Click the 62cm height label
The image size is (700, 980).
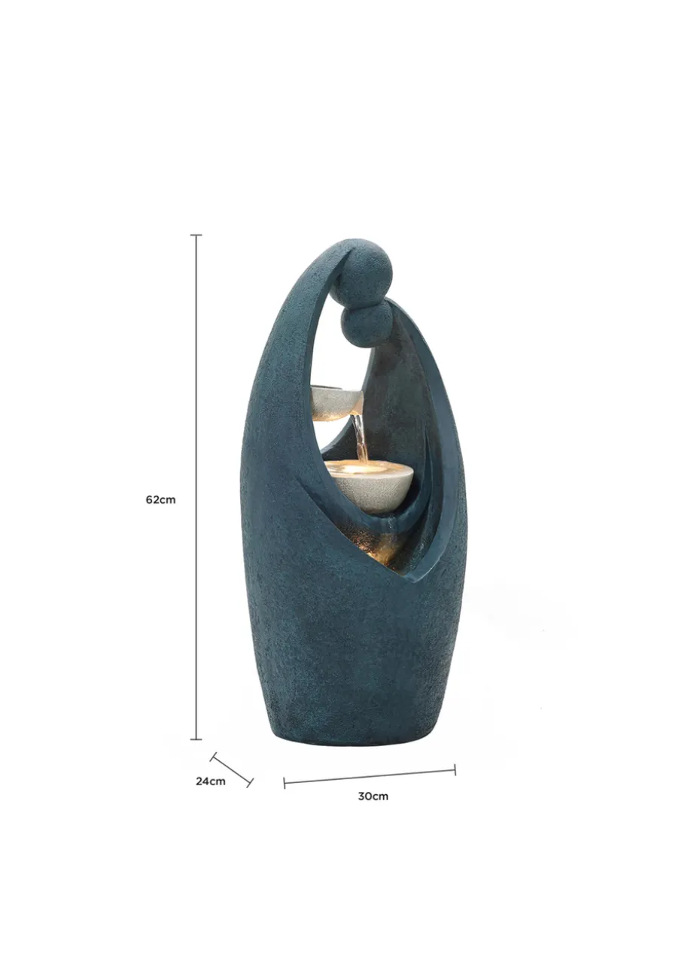160,499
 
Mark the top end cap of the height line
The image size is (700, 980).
196,235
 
